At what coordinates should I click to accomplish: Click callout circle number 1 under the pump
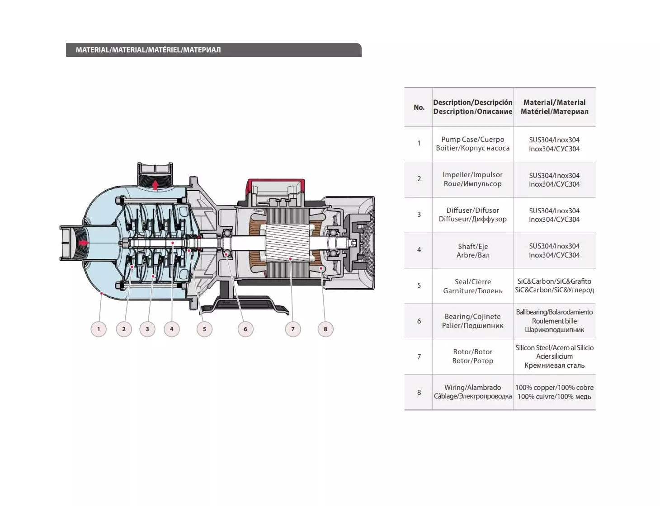tap(99, 329)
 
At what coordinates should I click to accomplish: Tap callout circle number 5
tap(204, 329)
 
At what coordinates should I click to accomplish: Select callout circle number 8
tap(325, 329)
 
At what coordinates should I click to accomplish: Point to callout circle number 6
tap(245, 329)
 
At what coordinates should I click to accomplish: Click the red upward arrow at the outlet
tap(156, 185)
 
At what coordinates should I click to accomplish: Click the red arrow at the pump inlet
tap(84, 243)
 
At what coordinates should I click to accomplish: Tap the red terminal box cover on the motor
tap(275, 183)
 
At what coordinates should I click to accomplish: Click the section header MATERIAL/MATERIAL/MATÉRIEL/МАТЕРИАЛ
tap(148, 50)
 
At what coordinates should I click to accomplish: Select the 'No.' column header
tap(419, 107)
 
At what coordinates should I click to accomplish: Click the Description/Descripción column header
tap(472, 107)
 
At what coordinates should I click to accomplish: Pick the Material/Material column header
tap(554, 107)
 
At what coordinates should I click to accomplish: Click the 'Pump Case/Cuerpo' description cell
tap(472, 144)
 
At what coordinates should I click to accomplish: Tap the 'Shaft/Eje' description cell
tap(472, 250)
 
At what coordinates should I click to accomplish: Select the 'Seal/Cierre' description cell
tap(472, 286)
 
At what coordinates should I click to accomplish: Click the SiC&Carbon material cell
tap(554, 286)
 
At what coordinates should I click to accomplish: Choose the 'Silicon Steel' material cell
tap(554, 356)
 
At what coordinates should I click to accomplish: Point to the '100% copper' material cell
tap(554, 392)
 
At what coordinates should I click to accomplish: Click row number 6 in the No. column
tap(419, 321)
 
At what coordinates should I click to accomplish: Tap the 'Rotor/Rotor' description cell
tap(472, 356)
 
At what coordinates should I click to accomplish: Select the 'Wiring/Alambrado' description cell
tap(472, 392)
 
